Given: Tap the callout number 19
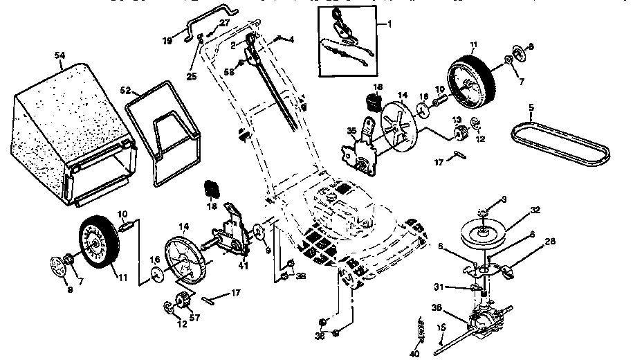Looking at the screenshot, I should click(167, 41).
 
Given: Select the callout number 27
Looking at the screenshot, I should click(223, 23).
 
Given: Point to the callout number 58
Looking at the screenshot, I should click(229, 71).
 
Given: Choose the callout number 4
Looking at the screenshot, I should click(291, 39).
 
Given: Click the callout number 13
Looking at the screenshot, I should click(457, 120).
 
